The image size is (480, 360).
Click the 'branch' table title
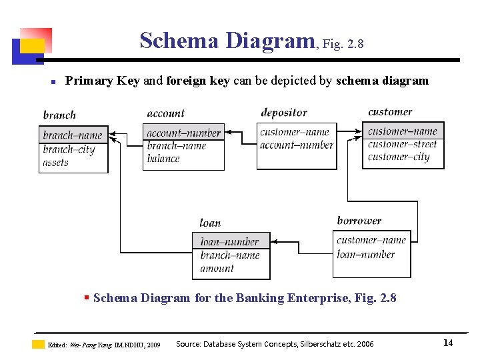tap(59, 115)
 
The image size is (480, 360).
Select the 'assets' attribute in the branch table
tap(56, 162)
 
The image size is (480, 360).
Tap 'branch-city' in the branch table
tap(69, 149)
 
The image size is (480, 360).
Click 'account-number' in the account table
tap(183, 133)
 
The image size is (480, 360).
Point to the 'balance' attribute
tap(163, 159)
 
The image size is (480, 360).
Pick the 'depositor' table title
tap(284, 113)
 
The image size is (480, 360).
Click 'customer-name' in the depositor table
tap(295, 132)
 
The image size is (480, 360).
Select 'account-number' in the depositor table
tap(297, 145)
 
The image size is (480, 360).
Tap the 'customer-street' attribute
tap(402, 144)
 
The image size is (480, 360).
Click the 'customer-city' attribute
tap(399, 157)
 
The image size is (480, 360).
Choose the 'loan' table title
tap(210, 223)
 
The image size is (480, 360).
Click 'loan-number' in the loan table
tap(230, 241)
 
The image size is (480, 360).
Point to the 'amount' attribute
tap(217, 269)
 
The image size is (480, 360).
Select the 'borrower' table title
tap(359, 221)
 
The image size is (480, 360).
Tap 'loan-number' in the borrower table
tap(366, 254)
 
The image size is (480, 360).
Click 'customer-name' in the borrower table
tap(371, 240)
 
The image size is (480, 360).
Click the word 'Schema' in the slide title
tap(179, 41)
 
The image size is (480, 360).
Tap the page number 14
tap(448, 343)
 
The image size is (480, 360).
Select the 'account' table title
tap(165, 113)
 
